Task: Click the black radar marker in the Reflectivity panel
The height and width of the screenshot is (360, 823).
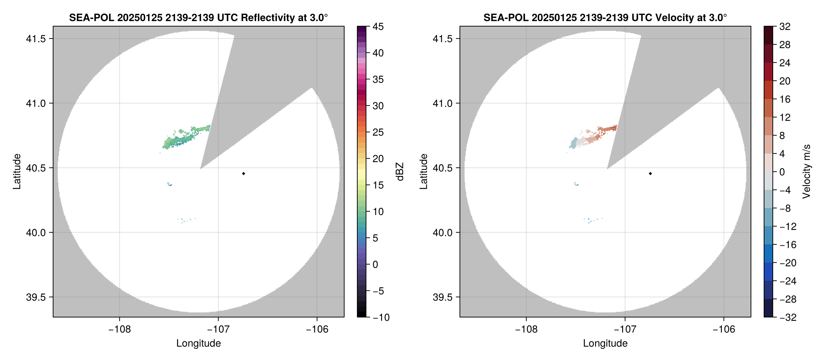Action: coord(243,173)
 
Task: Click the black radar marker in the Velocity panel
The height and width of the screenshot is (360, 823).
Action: coord(650,173)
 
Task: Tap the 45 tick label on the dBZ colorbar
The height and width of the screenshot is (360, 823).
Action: coord(378,27)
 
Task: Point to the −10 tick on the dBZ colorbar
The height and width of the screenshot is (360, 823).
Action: coord(381,317)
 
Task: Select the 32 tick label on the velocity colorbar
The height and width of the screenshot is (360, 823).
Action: coord(785,27)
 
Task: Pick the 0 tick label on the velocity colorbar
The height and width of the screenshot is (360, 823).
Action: coord(782,172)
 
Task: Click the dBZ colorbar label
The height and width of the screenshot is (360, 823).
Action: coord(400,172)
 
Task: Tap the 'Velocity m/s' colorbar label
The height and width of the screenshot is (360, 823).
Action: coord(807,172)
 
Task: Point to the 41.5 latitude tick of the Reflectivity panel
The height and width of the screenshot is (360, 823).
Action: coord(36,39)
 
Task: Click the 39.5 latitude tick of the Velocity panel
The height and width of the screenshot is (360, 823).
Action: coord(442,297)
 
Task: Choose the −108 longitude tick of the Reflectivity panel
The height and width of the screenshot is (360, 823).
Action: coord(119,329)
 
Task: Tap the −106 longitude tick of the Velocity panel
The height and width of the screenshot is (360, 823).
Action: coord(724,329)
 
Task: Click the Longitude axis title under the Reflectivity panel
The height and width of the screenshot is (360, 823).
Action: coord(199,343)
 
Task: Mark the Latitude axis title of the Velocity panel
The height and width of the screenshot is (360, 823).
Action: coord(424,172)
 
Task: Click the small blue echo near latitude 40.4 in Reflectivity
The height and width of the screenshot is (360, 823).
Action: coord(170,184)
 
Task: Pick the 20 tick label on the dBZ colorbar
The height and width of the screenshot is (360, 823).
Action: coord(378,159)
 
